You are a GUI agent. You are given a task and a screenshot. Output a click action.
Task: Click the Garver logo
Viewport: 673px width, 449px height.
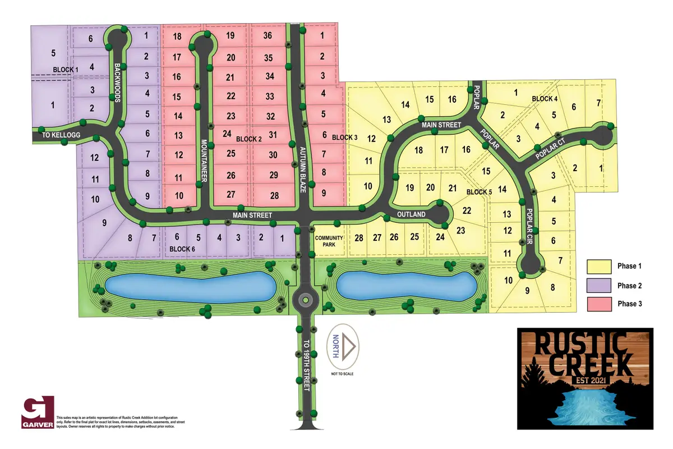[38, 413]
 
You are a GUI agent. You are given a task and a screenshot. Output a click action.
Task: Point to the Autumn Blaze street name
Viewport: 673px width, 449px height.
[302, 167]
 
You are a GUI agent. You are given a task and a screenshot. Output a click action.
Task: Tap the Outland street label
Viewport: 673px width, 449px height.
[412, 214]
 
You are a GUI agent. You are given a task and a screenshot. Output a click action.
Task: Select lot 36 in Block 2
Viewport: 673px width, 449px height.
[268, 36]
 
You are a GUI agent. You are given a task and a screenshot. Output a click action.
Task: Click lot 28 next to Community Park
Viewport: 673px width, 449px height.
[359, 238]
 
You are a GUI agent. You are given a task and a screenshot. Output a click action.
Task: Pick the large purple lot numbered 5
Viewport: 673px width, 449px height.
[54, 53]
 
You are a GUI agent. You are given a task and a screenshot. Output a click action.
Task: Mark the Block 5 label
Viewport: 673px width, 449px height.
[479, 192]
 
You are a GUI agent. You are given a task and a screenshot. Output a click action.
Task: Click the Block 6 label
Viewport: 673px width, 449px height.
[183, 249]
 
